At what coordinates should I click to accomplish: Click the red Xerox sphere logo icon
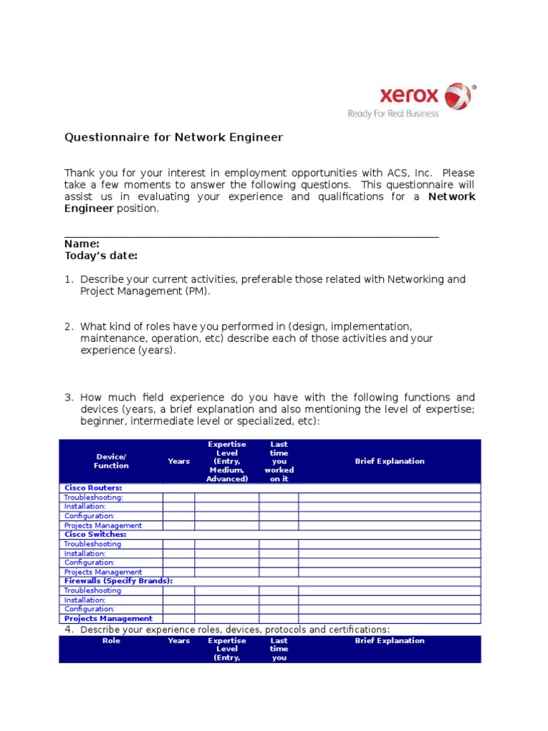tap(458, 96)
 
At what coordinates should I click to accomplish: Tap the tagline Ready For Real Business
tap(392, 114)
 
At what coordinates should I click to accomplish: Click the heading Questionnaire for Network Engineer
tap(173, 137)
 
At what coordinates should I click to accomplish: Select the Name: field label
tap(82, 244)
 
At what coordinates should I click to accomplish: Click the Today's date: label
tap(101, 256)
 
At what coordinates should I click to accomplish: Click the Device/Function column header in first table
tap(111, 461)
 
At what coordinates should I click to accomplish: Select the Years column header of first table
tap(178, 461)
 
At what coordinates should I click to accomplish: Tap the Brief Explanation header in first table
tap(390, 461)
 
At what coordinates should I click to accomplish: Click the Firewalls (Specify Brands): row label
tap(118, 581)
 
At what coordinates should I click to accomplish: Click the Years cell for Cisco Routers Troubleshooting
tap(178, 498)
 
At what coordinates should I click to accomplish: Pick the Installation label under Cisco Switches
tap(85, 553)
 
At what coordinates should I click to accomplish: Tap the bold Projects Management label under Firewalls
tap(108, 619)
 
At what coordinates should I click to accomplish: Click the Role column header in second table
tap(111, 641)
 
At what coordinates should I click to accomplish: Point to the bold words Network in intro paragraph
tap(451, 196)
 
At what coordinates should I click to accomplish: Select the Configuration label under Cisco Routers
tap(89, 516)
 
